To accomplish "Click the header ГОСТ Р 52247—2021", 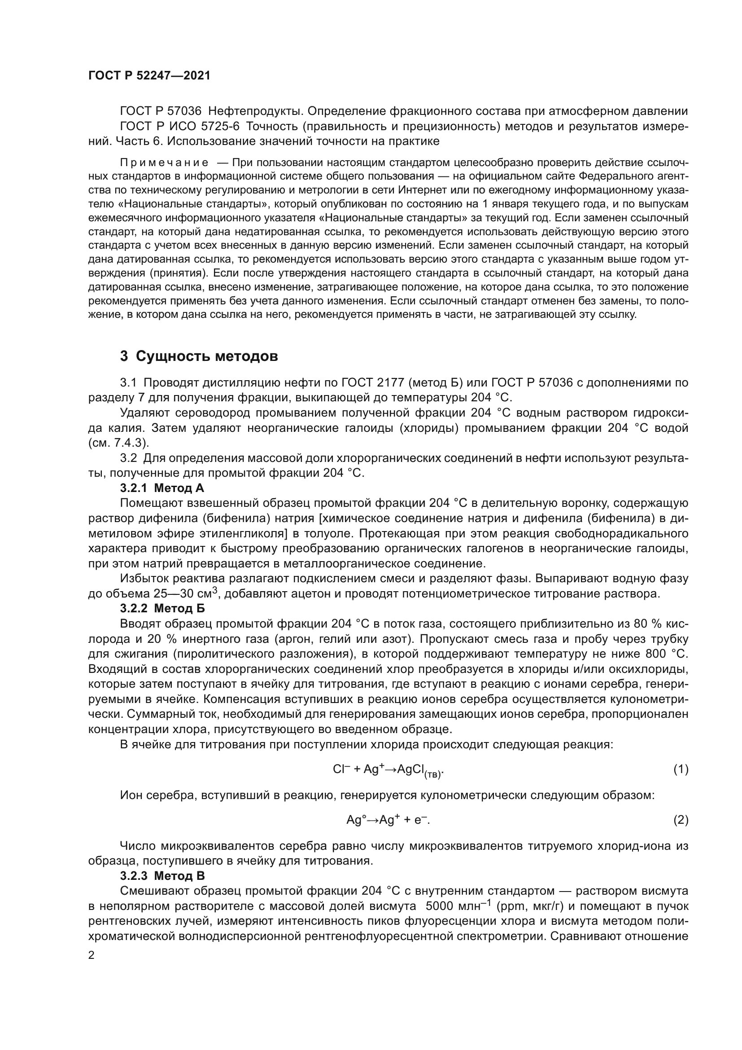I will pos(149,76).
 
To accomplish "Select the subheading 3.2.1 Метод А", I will pos(162,488).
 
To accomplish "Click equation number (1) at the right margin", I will pos(681,770).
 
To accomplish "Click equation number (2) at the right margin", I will pos(681,820).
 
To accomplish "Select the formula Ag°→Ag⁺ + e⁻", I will pos(388,820).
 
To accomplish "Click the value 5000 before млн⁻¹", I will pos(441,906).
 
